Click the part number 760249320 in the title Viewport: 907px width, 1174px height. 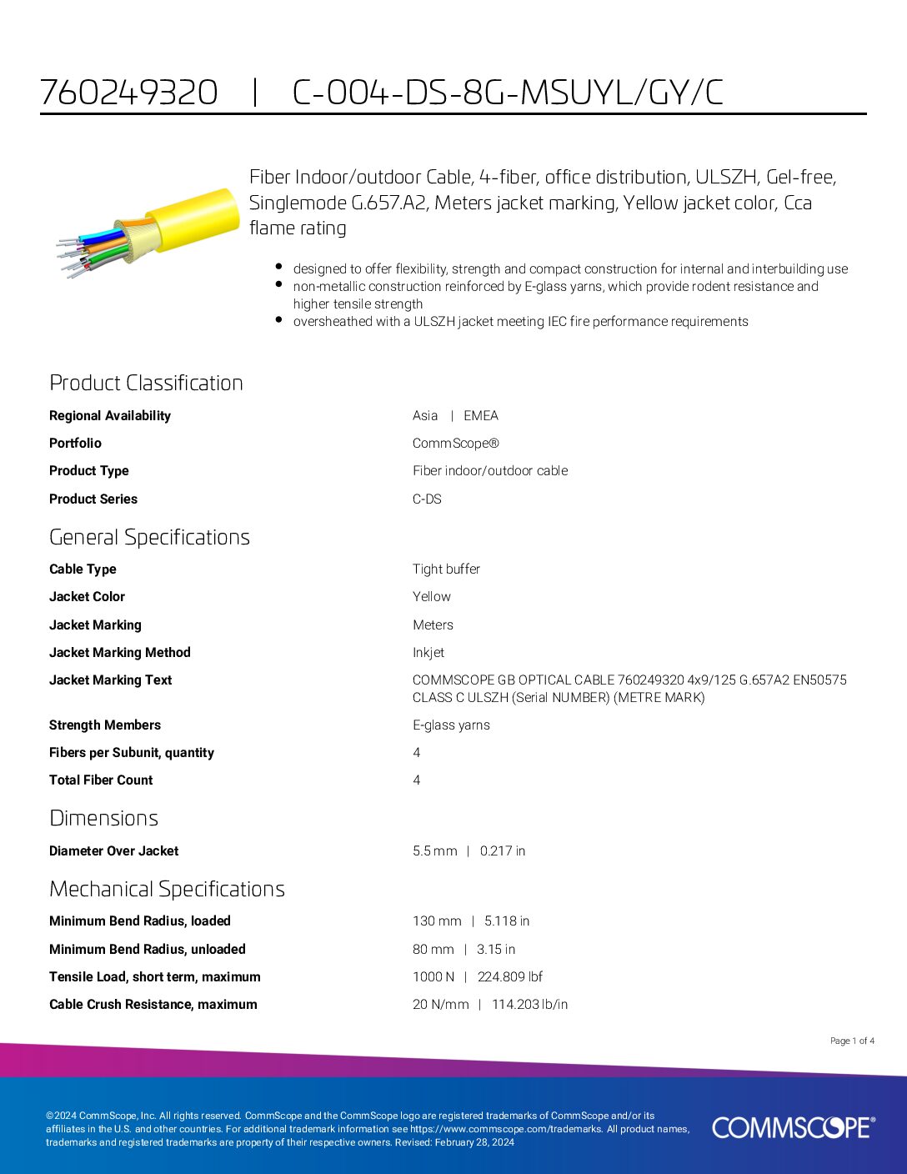[x=129, y=92]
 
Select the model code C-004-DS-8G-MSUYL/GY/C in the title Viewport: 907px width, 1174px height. [x=508, y=92]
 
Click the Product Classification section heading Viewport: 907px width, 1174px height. [x=146, y=383]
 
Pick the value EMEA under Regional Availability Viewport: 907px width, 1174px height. [x=481, y=415]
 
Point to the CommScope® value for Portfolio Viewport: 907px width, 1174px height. [x=456, y=443]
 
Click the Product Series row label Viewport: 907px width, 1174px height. [x=93, y=499]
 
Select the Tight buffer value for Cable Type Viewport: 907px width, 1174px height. [x=446, y=569]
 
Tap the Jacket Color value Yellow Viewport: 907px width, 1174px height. [x=431, y=596]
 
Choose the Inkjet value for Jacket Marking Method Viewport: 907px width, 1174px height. [x=428, y=652]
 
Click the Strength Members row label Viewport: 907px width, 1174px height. [x=105, y=725]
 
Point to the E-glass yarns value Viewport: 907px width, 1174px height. [x=451, y=725]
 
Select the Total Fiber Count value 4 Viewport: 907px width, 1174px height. [x=417, y=780]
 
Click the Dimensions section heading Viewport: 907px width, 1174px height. [x=103, y=818]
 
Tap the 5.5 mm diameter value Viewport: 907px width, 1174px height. [x=435, y=850]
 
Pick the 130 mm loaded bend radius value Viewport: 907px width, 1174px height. [x=437, y=921]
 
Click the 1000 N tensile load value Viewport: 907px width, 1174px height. [x=433, y=976]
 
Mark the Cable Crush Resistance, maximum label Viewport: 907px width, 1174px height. [x=153, y=1004]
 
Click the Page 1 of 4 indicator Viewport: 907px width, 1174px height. [x=852, y=1041]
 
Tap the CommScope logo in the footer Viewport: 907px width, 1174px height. [x=793, y=1127]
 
